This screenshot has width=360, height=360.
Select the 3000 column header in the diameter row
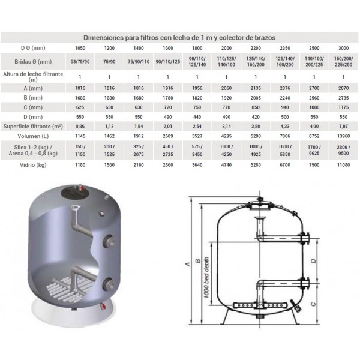click(343, 48)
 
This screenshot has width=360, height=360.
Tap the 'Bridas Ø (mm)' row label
click(33, 62)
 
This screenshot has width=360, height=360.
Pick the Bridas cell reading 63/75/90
click(80, 62)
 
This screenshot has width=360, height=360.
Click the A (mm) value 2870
click(343, 88)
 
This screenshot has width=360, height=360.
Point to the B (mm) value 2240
click(284, 98)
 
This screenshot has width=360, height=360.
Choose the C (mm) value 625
click(80, 107)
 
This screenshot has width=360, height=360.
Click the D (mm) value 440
click(197, 117)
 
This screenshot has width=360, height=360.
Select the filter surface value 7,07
click(343, 126)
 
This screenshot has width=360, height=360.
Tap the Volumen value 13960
click(343, 136)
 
